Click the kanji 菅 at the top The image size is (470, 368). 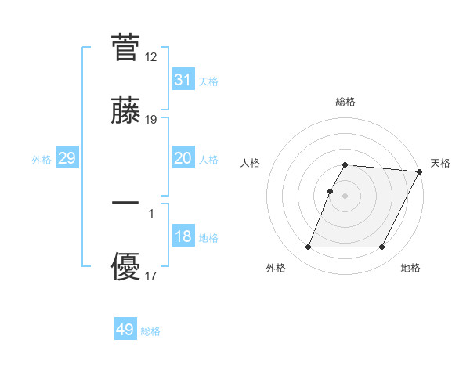point(126,47)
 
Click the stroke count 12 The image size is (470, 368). point(151,57)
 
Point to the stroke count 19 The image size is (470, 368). point(151,120)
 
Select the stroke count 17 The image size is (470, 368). point(151,276)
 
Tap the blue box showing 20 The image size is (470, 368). point(183,158)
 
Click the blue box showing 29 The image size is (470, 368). point(67,158)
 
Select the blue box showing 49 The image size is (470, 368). point(125,330)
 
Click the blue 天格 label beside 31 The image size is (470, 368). point(208,81)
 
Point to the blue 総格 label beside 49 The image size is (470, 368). point(150,331)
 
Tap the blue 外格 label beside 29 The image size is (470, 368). point(42,160)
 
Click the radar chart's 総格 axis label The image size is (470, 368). point(345,102)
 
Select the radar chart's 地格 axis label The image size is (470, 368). point(410,269)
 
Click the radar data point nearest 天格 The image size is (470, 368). point(419,171)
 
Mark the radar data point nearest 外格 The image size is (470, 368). point(308,247)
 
